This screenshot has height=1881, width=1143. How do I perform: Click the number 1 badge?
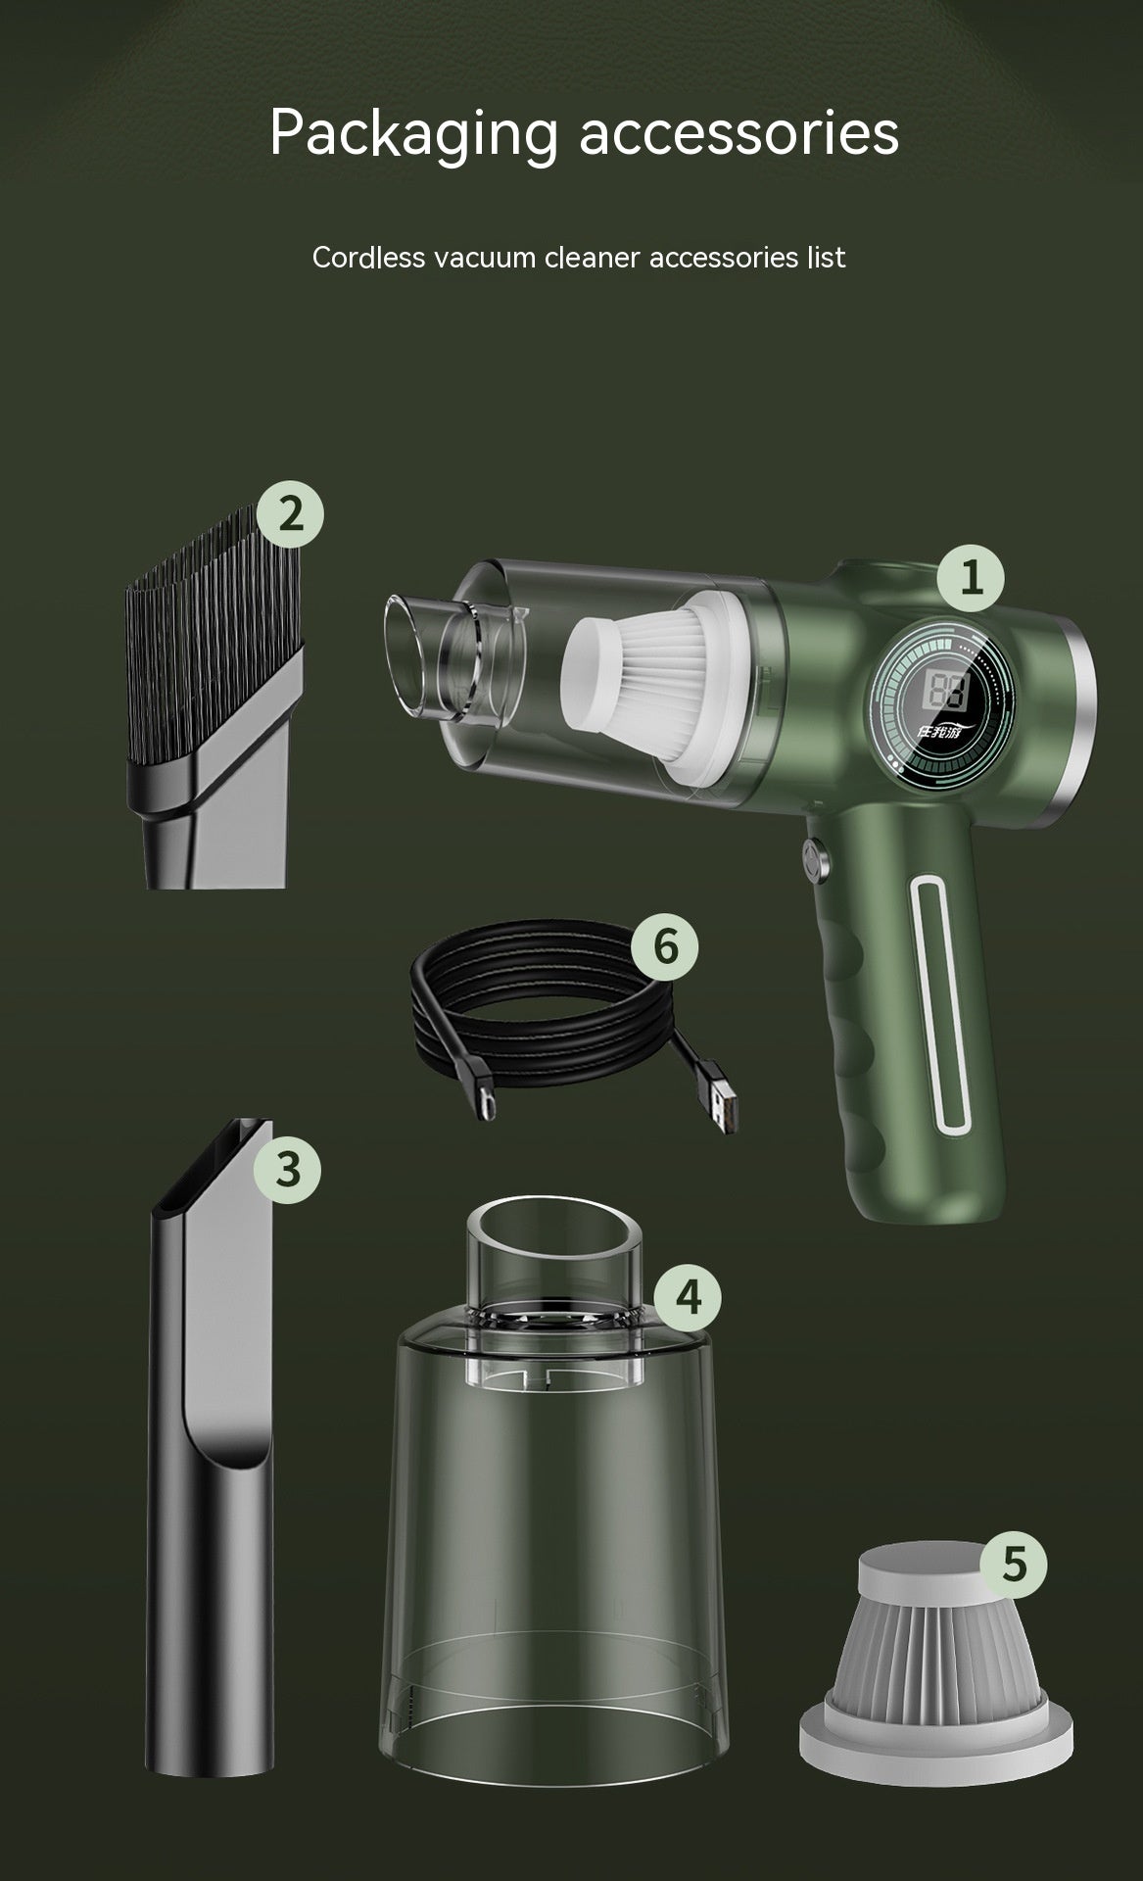coord(971,579)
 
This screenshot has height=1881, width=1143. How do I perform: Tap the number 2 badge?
coord(290,513)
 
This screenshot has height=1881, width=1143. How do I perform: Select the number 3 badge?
coord(287,1170)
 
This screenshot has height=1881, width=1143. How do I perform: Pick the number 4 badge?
coord(688,1297)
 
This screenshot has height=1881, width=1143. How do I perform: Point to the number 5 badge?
coord(1014,1565)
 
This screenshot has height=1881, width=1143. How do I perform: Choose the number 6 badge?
coord(665,947)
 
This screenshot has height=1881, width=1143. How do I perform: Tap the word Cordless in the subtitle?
coord(368,258)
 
